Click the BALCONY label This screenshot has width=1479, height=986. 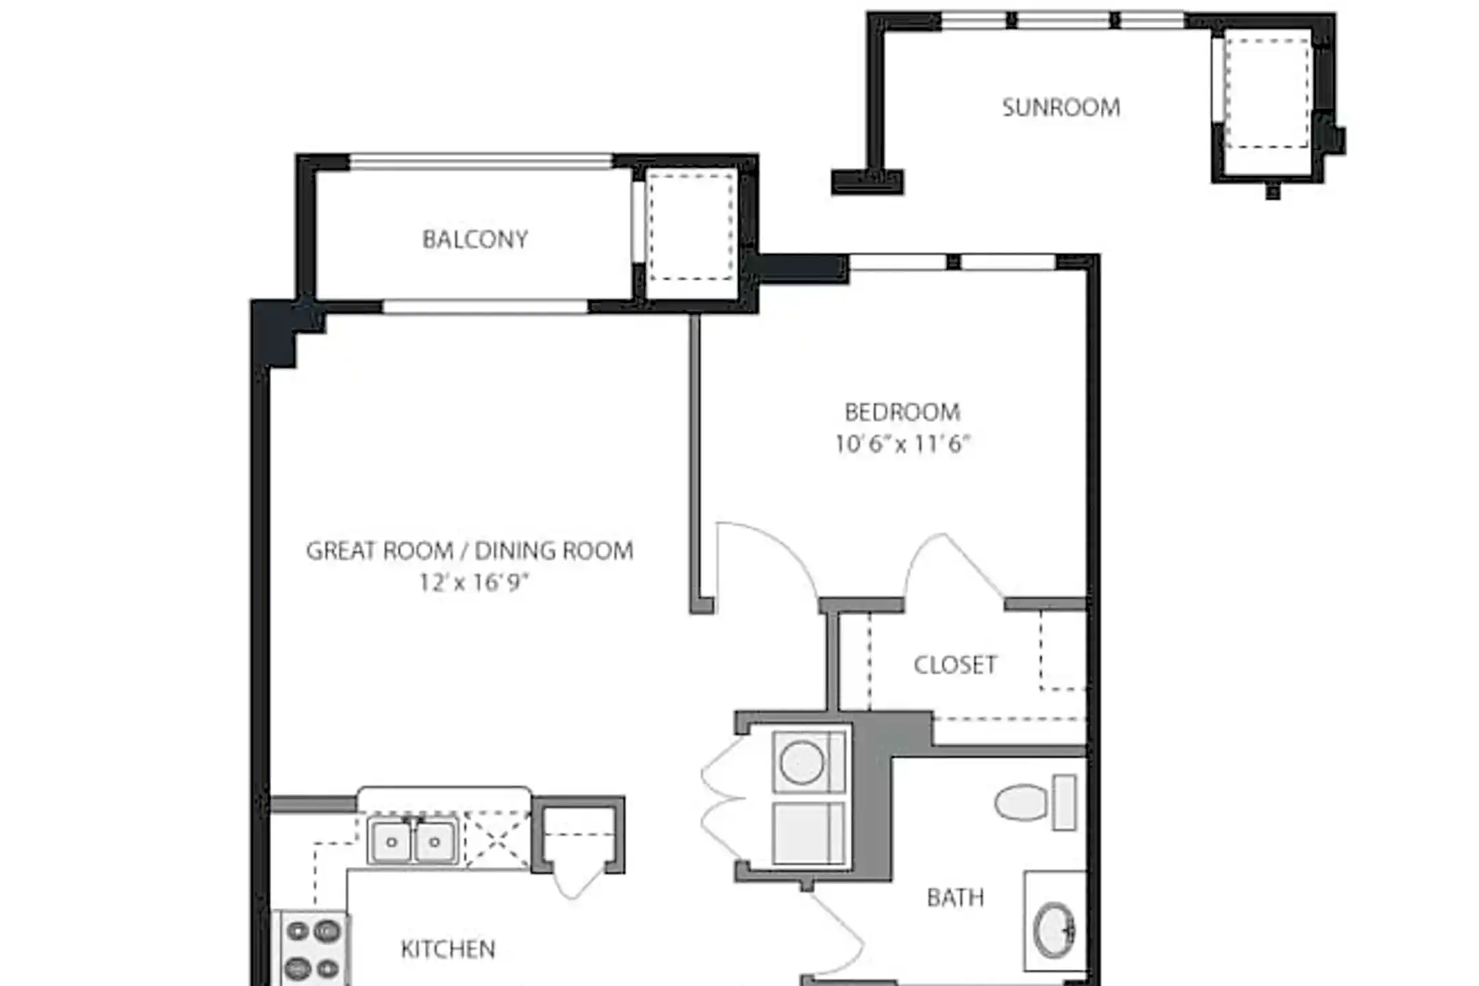[x=475, y=239]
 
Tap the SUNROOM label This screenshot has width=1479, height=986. [x=1061, y=108]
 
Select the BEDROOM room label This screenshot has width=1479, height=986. [x=902, y=412]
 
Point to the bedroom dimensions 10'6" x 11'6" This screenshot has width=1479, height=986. [x=902, y=444]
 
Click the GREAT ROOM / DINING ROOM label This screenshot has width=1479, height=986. [x=469, y=551]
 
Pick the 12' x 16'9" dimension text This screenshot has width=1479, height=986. [x=474, y=583]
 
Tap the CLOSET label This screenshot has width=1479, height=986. [x=955, y=665]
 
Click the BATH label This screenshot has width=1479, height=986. [x=955, y=898]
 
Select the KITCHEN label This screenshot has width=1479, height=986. [x=448, y=949]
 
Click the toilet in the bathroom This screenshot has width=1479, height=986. [x=1034, y=802]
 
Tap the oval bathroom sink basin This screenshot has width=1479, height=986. [x=1053, y=930]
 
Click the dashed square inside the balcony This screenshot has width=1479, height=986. [x=691, y=227]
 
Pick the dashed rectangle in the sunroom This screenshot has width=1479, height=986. [x=1267, y=93]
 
